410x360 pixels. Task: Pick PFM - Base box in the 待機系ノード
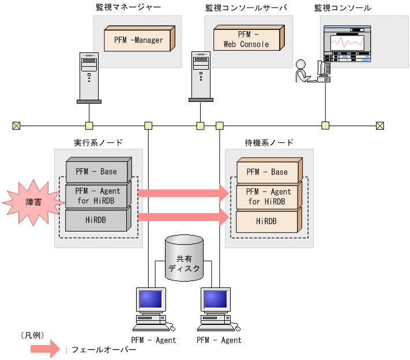[x=269, y=172]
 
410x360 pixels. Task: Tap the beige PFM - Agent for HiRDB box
[x=269, y=196]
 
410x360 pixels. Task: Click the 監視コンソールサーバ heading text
[x=246, y=7]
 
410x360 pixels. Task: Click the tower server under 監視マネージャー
[x=88, y=78]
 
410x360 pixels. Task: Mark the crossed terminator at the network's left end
[x=16, y=126]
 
